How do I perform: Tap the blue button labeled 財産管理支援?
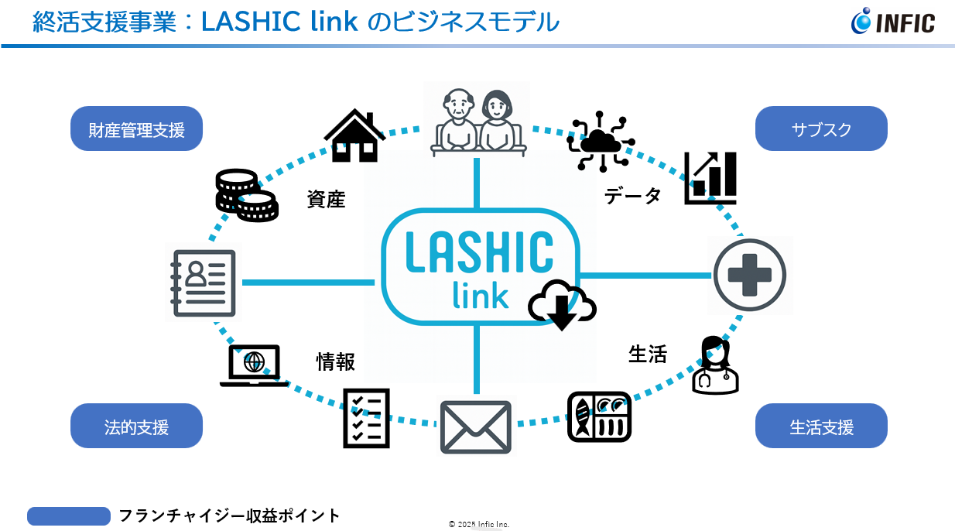[136, 129]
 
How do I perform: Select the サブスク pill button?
[821, 129]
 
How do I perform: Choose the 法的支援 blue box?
[136, 427]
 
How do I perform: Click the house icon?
[354, 135]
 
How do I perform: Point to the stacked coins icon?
[245, 195]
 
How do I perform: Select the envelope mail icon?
[475, 427]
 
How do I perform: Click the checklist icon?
[366, 418]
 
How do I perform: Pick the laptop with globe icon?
[254, 365]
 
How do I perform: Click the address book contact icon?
[204, 282]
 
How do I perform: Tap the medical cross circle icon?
[749, 276]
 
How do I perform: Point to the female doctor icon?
[714, 365]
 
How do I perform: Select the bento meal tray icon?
[599, 417]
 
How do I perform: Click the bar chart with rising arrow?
[710, 178]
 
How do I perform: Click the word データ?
[632, 196]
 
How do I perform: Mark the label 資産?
[326, 200]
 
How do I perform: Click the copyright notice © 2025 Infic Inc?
[478, 524]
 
